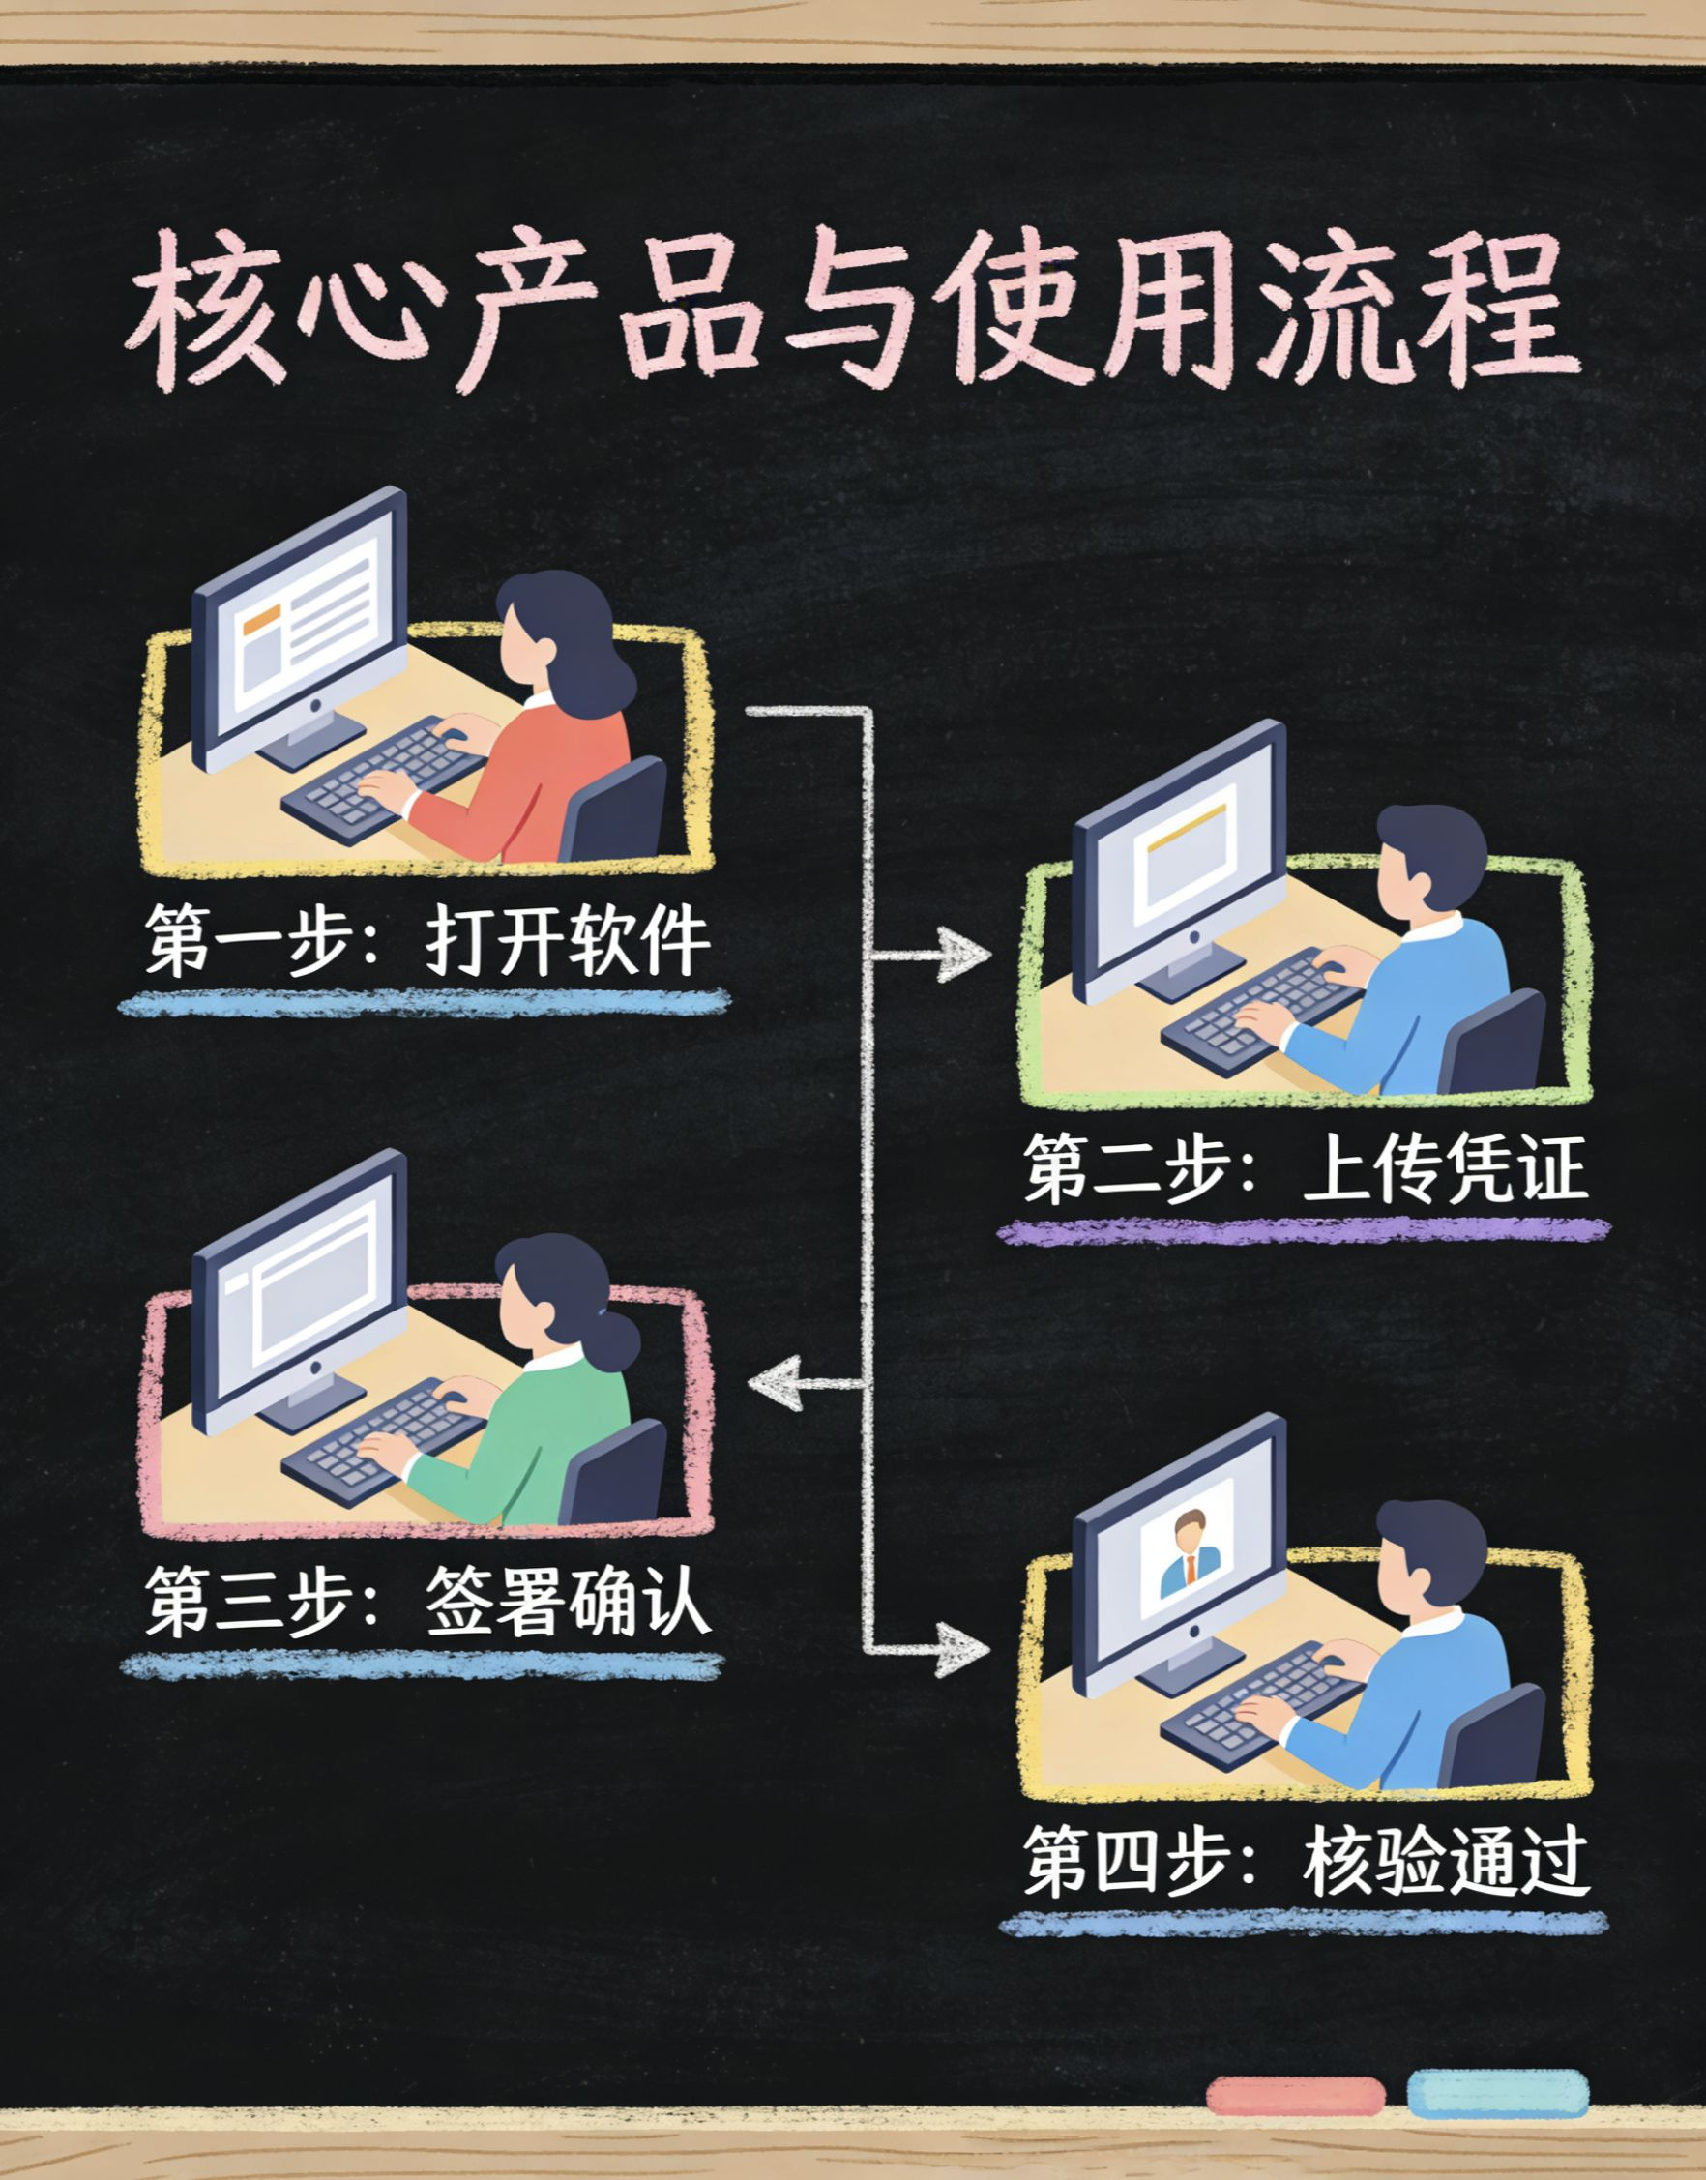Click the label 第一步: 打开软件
[x=427, y=941]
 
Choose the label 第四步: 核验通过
[x=1305, y=1862]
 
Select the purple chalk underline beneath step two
[x=1305, y=1230]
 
